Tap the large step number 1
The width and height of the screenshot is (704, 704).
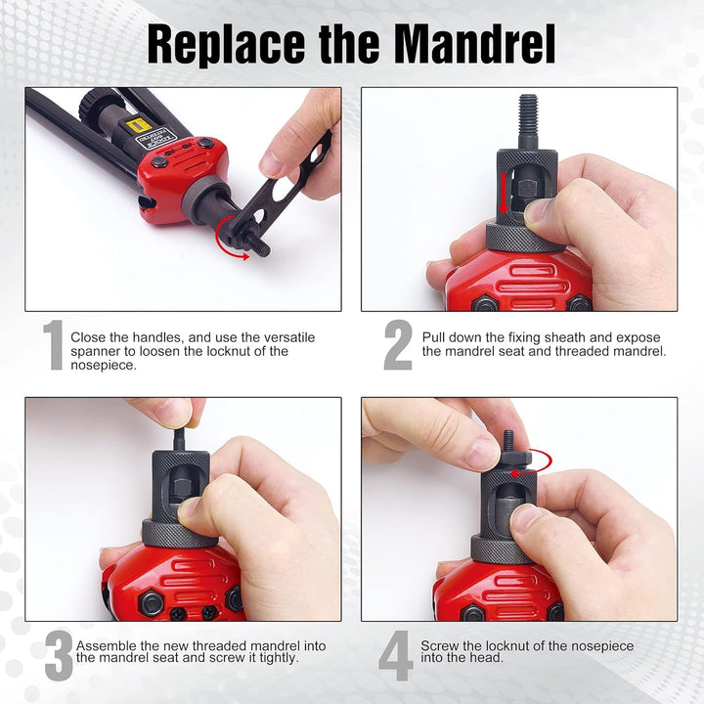53,345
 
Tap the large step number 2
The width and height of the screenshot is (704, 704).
397,345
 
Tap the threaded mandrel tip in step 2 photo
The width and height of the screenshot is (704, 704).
528,110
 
